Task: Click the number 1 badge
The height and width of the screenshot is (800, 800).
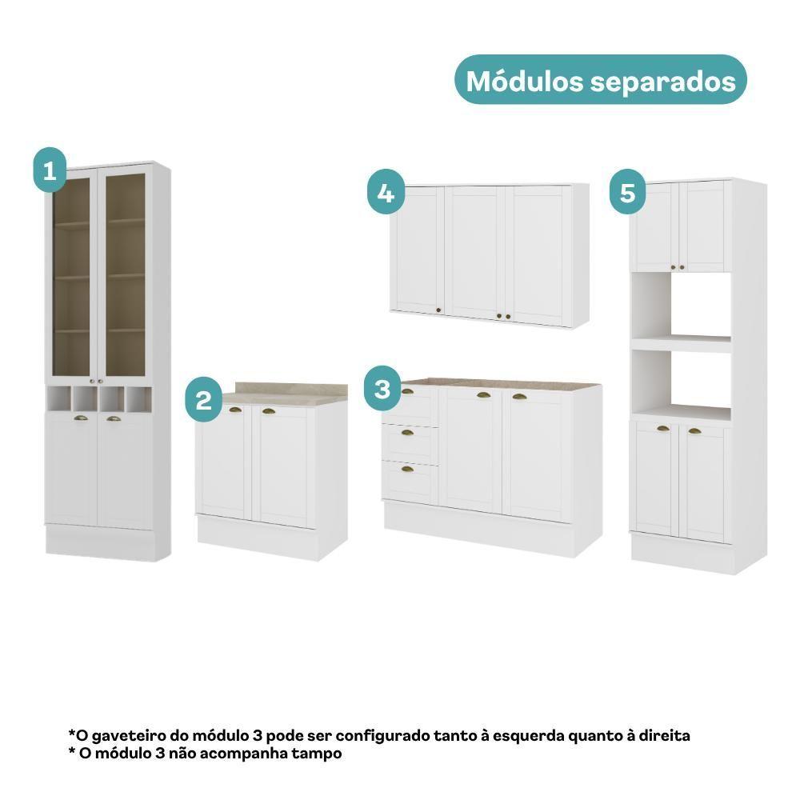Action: (50, 170)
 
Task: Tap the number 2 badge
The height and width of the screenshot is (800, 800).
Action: (203, 399)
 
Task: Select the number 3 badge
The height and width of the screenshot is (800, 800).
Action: (382, 389)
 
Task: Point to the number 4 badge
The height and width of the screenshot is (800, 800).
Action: (386, 192)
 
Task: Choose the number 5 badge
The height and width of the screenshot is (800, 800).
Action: (627, 192)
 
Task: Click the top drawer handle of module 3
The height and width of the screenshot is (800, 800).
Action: (408, 391)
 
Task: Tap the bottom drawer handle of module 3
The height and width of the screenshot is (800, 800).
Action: (407, 469)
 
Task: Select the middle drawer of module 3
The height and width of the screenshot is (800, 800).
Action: (410, 442)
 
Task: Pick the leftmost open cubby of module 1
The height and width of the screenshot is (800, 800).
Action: (58, 398)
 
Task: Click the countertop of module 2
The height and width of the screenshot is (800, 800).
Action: (284, 394)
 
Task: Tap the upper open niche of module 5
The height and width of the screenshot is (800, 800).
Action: (681, 306)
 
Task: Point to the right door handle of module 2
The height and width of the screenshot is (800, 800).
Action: (268, 410)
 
